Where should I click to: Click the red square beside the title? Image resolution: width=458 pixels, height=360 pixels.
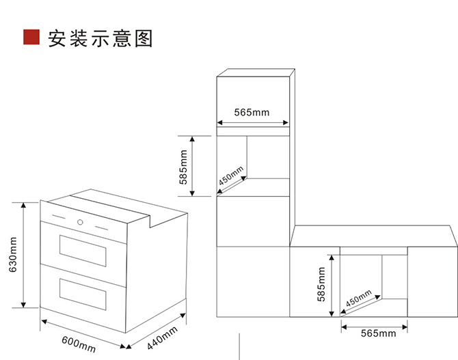31,37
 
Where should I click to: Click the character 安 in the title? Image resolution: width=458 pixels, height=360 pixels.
57,38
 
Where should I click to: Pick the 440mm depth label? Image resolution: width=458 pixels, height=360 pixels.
162,337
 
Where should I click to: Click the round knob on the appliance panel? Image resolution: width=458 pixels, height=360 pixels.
81,222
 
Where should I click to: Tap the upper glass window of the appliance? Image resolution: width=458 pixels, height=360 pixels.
83,251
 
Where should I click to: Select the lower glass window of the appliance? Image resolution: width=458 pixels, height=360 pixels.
83,292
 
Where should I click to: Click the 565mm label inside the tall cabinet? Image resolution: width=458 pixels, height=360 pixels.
252,112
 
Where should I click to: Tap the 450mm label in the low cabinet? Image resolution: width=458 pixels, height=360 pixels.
358,299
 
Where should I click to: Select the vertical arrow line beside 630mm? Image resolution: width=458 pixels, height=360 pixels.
25,255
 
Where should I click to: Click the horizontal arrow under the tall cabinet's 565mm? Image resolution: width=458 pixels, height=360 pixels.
252,124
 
